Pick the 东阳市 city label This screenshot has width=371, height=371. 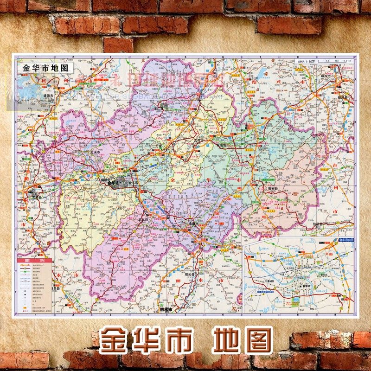coord(221,145)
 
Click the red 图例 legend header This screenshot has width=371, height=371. coord(30,261)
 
